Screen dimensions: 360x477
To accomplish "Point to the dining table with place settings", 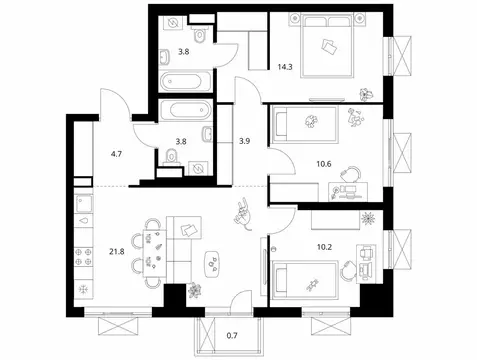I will click(x=154, y=256).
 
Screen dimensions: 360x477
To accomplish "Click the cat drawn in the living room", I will click(x=245, y=211).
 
